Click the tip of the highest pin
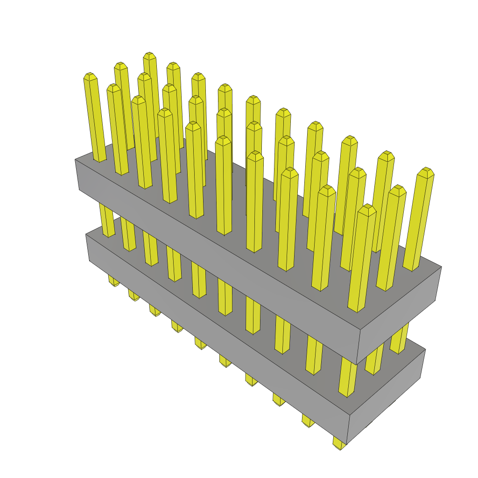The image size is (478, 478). point(149,56)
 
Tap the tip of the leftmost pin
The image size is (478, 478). point(90,76)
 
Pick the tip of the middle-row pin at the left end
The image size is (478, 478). point(113,87)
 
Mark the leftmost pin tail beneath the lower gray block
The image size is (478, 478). point(113,281)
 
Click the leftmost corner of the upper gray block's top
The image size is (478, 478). point(75,159)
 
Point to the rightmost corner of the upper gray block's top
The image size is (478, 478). point(441,267)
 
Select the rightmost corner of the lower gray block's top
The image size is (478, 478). point(425,350)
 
